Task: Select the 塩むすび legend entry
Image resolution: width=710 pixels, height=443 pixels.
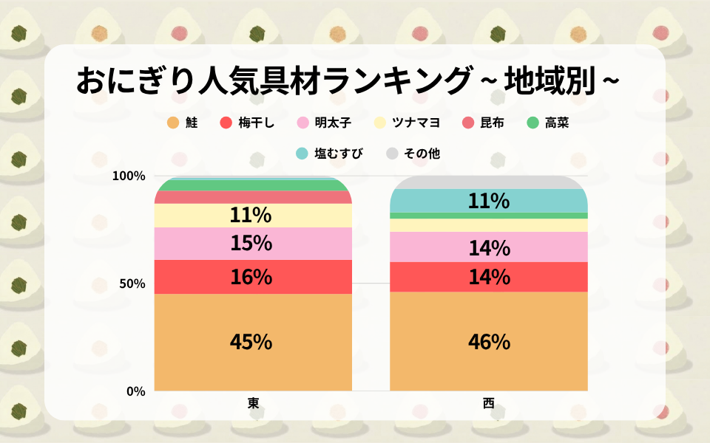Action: (330, 154)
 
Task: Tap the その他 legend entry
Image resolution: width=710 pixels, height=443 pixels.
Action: (413, 154)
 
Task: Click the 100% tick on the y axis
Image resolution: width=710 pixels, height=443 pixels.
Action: (128, 176)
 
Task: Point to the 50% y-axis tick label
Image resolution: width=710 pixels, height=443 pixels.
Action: (131, 284)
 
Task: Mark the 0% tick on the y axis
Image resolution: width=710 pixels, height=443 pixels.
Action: (135, 391)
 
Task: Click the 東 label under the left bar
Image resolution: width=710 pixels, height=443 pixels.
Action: (253, 403)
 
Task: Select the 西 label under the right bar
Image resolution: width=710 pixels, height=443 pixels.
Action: (488, 403)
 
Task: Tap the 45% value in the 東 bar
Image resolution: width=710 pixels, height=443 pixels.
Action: (251, 343)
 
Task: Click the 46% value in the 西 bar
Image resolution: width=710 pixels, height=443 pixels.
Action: (489, 343)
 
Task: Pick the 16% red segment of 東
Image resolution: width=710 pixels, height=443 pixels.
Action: (251, 277)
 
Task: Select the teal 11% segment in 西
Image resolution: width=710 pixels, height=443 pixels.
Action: (489, 201)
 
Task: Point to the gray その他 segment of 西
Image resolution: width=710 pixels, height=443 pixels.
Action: (489, 182)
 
